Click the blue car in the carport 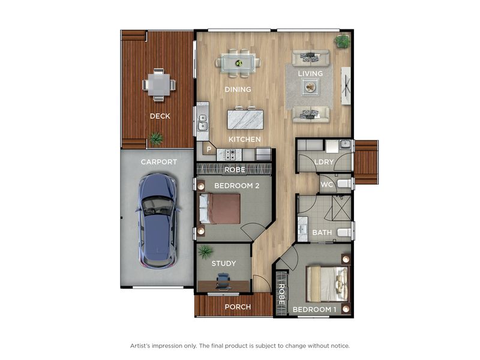(x=158, y=221)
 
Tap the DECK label (x=160, y=116)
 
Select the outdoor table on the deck (x=159, y=85)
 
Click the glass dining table (x=238, y=64)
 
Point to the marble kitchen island (x=245, y=119)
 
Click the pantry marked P (x=209, y=149)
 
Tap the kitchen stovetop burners (x=229, y=155)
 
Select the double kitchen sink (x=202, y=122)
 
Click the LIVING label (x=310, y=73)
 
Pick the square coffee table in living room (x=310, y=87)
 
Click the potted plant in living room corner (x=342, y=41)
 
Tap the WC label (x=326, y=185)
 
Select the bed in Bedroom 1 (x=327, y=283)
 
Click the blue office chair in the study (x=223, y=281)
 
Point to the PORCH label (x=238, y=307)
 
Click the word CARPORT (x=158, y=161)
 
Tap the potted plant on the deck (x=156, y=139)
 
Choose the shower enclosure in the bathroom (x=341, y=208)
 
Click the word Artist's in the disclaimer (x=140, y=346)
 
